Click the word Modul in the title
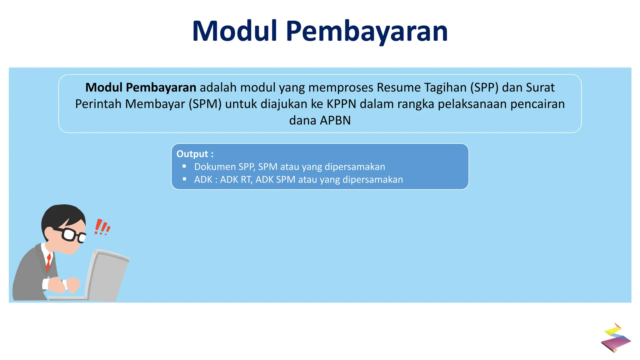click(x=235, y=31)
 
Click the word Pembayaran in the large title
click(x=367, y=32)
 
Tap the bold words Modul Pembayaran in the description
click(x=141, y=87)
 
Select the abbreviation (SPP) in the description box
click(x=484, y=87)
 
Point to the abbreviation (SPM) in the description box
click(x=205, y=104)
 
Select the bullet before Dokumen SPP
click(x=184, y=166)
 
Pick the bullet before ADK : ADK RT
click(x=184, y=179)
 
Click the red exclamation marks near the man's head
click(x=102, y=227)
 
